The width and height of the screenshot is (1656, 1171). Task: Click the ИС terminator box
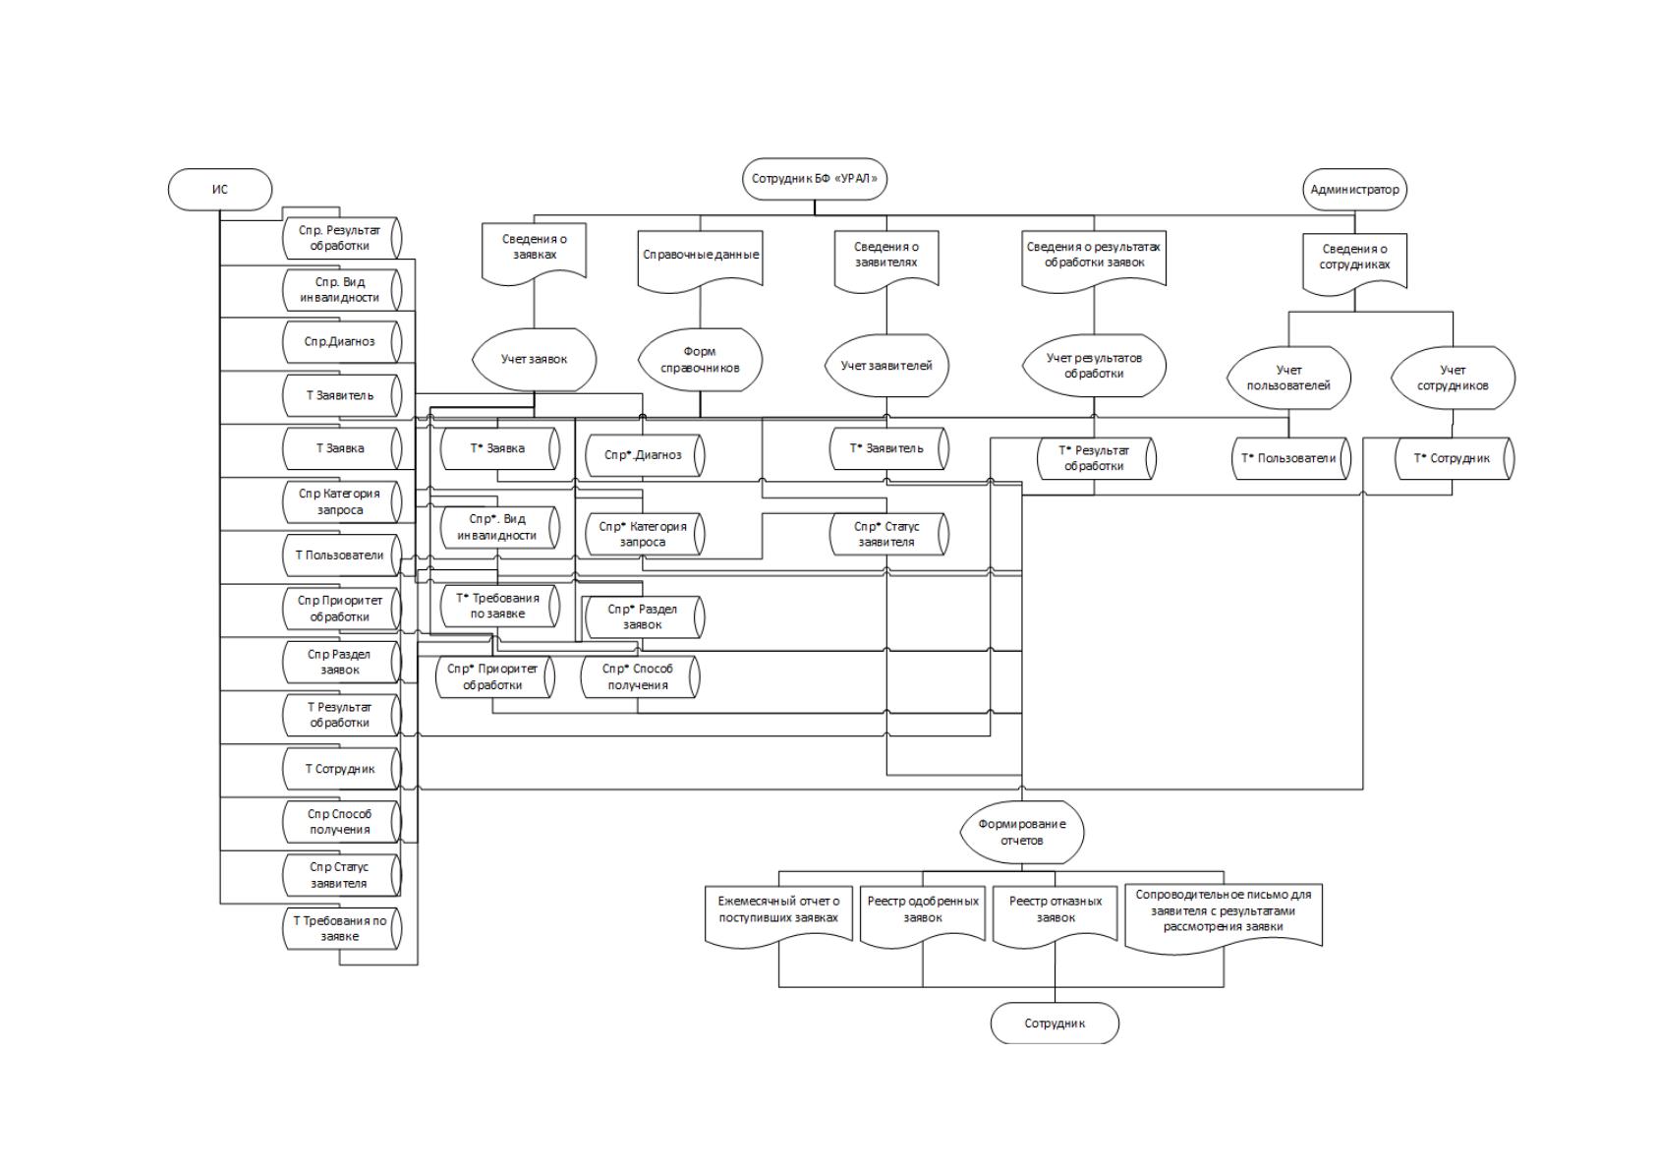click(219, 190)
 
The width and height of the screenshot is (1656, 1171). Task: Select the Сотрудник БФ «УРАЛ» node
click(814, 179)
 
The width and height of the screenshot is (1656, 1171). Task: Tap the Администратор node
click(1354, 190)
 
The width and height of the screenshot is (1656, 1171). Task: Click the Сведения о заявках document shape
click(534, 252)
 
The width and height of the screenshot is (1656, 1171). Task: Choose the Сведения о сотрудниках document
click(1354, 262)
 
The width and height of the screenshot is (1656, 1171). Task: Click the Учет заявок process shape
click(534, 360)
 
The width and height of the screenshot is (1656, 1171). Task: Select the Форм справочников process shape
click(700, 360)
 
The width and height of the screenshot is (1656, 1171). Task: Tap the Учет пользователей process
click(1288, 378)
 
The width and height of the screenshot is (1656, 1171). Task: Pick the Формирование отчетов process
click(1022, 832)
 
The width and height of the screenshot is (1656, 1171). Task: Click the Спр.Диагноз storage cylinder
click(342, 342)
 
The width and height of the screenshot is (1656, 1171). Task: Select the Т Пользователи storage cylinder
click(342, 555)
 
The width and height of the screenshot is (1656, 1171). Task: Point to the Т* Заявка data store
click(500, 448)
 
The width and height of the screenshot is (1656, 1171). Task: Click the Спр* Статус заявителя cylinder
click(888, 534)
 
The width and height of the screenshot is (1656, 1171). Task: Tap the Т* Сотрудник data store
click(1455, 458)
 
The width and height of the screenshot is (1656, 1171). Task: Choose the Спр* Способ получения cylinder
click(640, 676)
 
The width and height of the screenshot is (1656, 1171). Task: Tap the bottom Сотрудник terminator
click(1055, 1024)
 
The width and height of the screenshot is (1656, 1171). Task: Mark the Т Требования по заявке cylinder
click(342, 928)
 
